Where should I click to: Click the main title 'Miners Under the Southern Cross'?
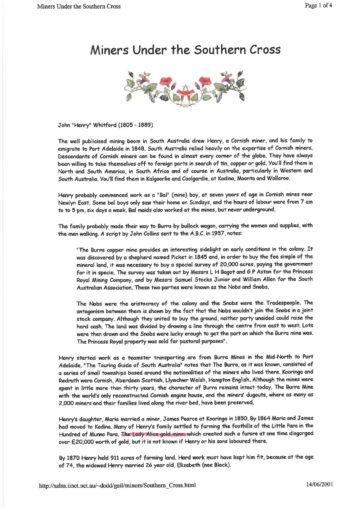point(185,50)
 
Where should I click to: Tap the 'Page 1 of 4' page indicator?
point(318,6)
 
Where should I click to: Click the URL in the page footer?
point(117,486)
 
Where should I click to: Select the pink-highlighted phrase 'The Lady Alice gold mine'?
point(153,434)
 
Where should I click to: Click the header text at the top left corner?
point(78,6)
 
